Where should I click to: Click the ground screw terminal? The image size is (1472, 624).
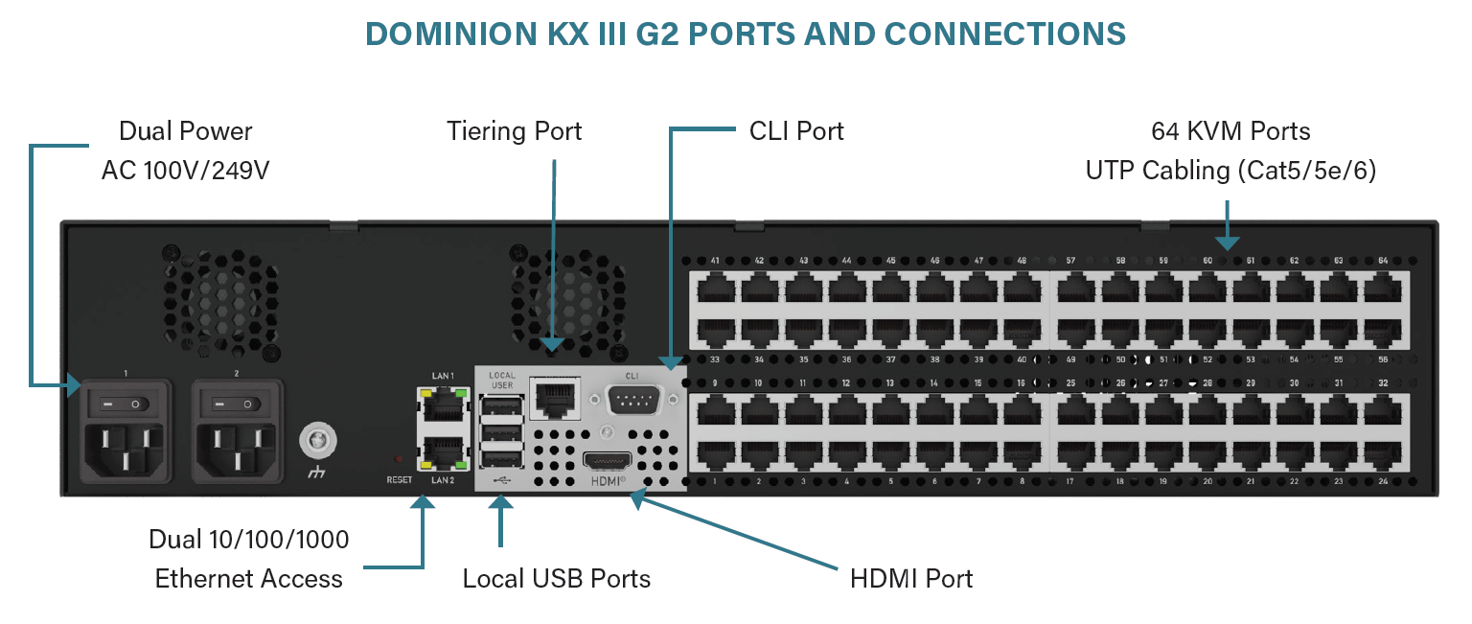[314, 441]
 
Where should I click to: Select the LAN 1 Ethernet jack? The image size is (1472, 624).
[441, 406]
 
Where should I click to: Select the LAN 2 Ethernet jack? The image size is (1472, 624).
[441, 451]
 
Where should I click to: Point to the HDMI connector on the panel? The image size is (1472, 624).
[608, 462]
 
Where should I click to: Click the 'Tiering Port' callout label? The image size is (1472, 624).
[515, 131]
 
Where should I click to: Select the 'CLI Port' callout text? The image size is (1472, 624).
[796, 131]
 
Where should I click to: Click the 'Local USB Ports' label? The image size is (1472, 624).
[556, 579]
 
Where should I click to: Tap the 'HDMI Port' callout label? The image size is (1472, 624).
[911, 579]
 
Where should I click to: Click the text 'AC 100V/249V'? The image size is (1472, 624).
[186, 171]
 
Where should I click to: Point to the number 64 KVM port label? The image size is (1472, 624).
[1383, 261]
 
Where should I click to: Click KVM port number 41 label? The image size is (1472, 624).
[715, 261]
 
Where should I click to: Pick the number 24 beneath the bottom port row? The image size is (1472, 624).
[1383, 481]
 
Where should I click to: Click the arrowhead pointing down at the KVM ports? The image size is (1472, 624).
[1228, 244]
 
